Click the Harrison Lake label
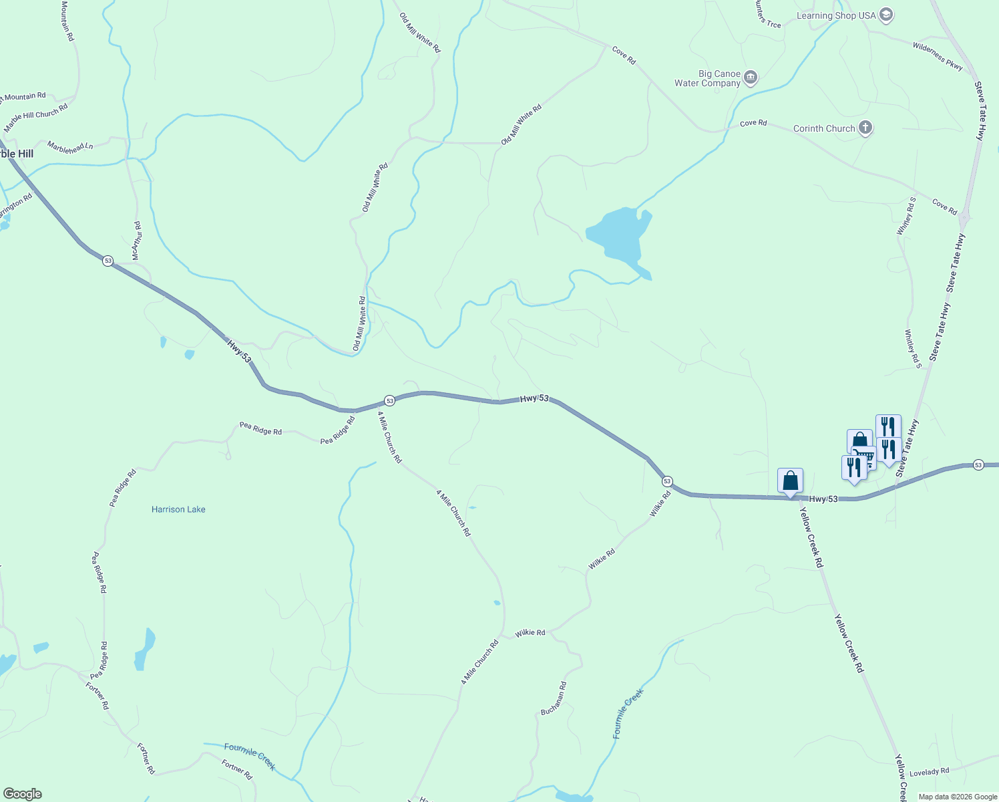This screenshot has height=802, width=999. click(178, 509)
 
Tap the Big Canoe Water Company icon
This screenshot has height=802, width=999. click(750, 78)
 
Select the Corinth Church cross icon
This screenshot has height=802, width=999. click(865, 128)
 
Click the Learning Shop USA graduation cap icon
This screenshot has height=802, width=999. click(885, 15)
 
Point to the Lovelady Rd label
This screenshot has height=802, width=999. click(929, 772)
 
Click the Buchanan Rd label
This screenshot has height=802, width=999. click(554, 698)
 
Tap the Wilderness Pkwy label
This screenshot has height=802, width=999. click(938, 55)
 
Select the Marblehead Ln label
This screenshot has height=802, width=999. click(70, 147)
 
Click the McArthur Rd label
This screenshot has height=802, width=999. click(136, 241)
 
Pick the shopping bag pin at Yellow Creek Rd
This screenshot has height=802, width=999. click(790, 481)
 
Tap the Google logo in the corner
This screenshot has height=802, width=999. click(22, 793)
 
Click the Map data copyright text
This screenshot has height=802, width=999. click(958, 797)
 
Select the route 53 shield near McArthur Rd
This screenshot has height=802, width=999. click(108, 261)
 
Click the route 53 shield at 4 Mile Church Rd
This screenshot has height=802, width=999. click(390, 400)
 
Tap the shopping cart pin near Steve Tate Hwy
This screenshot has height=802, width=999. click(865, 456)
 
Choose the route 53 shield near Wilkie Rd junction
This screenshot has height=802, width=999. click(666, 481)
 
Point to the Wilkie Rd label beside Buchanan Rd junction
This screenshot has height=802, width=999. click(530, 632)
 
